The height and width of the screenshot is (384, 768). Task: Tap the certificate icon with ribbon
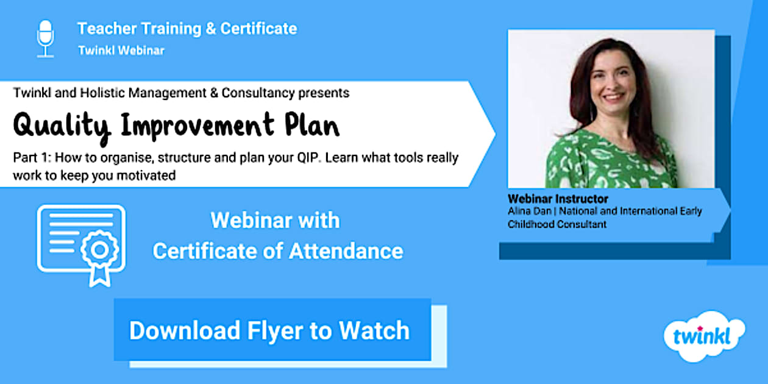tap(81, 246)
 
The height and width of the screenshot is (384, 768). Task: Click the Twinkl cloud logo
tap(704, 336)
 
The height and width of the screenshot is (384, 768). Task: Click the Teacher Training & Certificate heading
tap(187, 29)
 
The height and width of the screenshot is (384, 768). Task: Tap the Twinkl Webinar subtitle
tap(121, 51)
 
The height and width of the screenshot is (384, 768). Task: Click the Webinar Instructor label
tap(558, 199)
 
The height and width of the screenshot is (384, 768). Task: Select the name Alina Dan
tap(529, 211)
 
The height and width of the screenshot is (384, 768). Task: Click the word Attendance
tap(346, 251)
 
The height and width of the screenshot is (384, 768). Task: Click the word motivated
tap(146, 176)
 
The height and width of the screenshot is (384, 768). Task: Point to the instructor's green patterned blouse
tap(610, 161)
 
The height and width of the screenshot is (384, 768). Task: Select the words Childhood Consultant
tap(557, 224)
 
